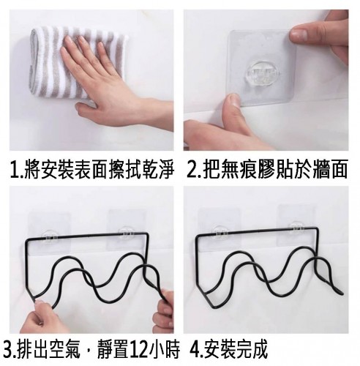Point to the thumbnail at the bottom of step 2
pyautogui.click(x=233, y=101)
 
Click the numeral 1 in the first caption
pyautogui.click(x=14, y=169)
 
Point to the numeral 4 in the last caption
pyautogui.click(x=194, y=350)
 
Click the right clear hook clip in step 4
pyautogui.click(x=296, y=229)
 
